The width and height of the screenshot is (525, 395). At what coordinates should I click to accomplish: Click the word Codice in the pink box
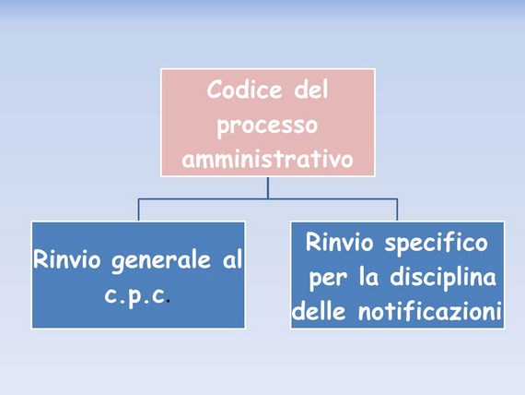[x=244, y=90]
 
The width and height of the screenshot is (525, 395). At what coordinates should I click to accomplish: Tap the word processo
[x=267, y=126]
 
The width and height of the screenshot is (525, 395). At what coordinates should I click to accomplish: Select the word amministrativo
[x=267, y=158]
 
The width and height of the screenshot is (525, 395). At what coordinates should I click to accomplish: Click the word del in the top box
[x=311, y=90]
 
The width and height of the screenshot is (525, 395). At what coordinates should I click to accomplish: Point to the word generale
[x=161, y=261]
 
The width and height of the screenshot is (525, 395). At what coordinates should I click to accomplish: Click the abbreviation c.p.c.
[x=135, y=295]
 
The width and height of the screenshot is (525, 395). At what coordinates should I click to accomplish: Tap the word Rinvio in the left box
[x=66, y=259]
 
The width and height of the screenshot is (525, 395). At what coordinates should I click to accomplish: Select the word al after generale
[x=232, y=258]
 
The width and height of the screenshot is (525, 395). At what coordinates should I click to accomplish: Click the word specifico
[x=436, y=243]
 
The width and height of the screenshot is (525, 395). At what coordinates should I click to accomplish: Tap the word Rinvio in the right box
[x=339, y=242]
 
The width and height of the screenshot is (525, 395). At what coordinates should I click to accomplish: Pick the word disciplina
[x=443, y=278]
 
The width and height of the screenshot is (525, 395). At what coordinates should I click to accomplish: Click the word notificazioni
[x=430, y=311]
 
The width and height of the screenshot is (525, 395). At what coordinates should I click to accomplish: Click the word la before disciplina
[x=369, y=277]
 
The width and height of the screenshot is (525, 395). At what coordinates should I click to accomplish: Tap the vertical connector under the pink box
[x=268, y=187]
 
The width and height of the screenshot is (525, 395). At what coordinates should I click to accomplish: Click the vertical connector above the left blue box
[x=138, y=209]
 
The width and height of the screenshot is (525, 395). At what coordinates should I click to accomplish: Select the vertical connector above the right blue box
[x=397, y=209]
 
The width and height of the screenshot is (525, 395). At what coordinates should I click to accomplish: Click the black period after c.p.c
[x=168, y=301]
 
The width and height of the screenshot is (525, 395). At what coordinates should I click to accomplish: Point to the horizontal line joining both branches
[x=268, y=199]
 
